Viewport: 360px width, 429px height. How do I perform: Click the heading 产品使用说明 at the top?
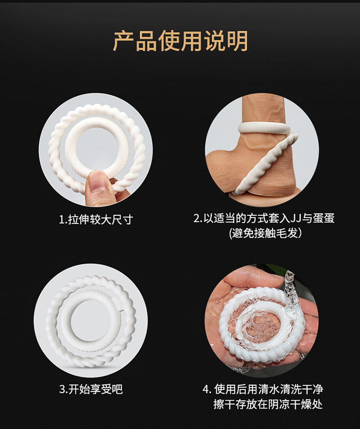tap(180, 41)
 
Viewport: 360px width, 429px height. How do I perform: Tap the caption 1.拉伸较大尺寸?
tap(95, 220)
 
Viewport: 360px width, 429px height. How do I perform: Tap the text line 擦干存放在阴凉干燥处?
tap(268, 404)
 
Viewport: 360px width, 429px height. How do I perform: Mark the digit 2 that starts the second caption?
tap(196, 219)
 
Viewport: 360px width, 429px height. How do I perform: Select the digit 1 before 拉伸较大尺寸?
tap(61, 220)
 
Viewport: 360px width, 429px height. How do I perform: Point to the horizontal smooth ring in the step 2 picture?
tap(262, 127)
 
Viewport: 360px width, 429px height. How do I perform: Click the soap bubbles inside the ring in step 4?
tap(254, 327)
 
